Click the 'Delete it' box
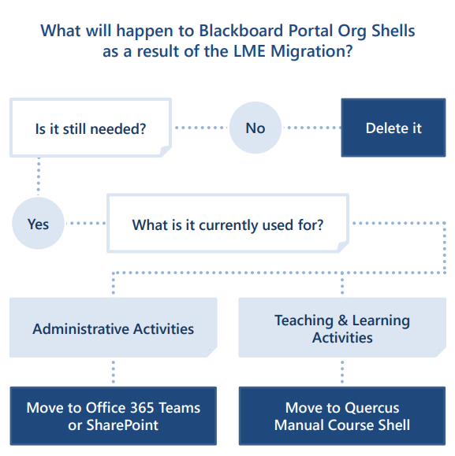tap(393, 128)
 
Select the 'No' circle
tap(255, 128)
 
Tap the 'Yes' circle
tap(38, 224)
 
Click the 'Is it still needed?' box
tap(91, 128)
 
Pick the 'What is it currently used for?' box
tap(228, 224)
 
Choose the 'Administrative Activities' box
tap(114, 328)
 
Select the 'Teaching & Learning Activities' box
tap(342, 328)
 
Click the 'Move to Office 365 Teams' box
tap(114, 416)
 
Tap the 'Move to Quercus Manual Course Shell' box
tap(342, 416)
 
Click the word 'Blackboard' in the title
tap(241, 31)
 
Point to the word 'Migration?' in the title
tap(311, 51)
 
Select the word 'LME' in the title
tap(250, 51)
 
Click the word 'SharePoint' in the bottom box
tap(122, 425)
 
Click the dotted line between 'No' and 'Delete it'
tap(311, 128)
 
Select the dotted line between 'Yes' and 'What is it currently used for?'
tap(86, 224)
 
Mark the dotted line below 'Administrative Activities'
tap(114, 372)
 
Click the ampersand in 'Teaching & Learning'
tap(343, 321)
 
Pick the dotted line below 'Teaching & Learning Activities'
tap(342, 372)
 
